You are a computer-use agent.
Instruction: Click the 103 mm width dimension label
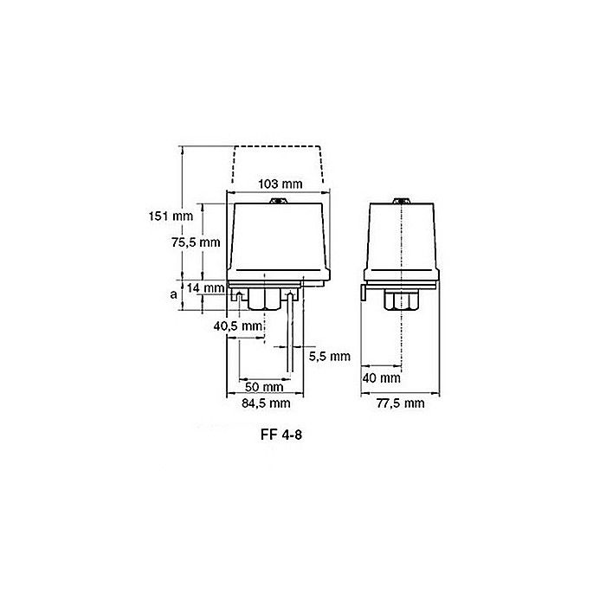(x=280, y=184)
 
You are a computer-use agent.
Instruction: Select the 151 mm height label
(x=171, y=216)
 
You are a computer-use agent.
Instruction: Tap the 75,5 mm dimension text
(x=196, y=242)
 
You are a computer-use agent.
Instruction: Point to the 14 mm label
(x=205, y=288)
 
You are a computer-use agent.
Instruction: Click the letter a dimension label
(x=173, y=294)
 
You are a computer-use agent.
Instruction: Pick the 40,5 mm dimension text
(x=238, y=326)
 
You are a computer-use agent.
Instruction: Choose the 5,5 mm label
(x=330, y=357)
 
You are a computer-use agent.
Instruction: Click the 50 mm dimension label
(x=264, y=387)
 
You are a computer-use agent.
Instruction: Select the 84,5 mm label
(x=266, y=403)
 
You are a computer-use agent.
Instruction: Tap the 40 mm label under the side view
(x=382, y=378)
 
